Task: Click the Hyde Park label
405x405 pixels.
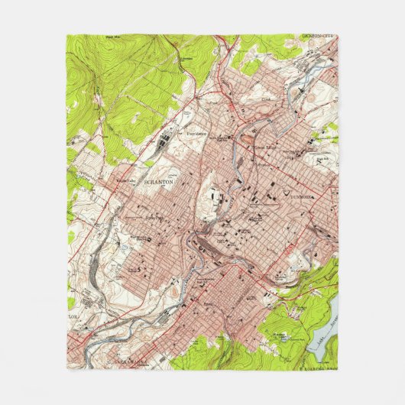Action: tap(156, 216)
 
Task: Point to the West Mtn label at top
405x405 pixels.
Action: tap(115, 35)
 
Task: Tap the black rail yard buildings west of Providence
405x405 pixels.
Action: tap(164, 143)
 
